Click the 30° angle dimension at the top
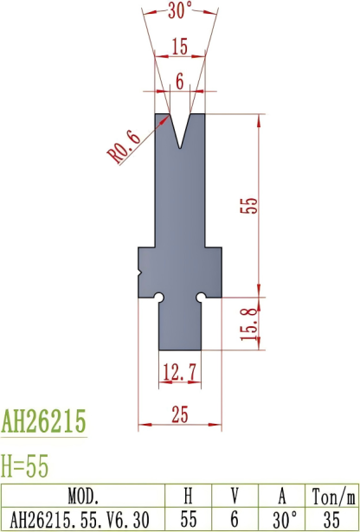(x=179, y=12)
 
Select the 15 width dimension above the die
(x=179, y=45)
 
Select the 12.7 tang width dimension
(x=180, y=373)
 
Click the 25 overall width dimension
(x=180, y=416)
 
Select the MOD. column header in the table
(x=83, y=497)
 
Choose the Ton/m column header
(x=332, y=497)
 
